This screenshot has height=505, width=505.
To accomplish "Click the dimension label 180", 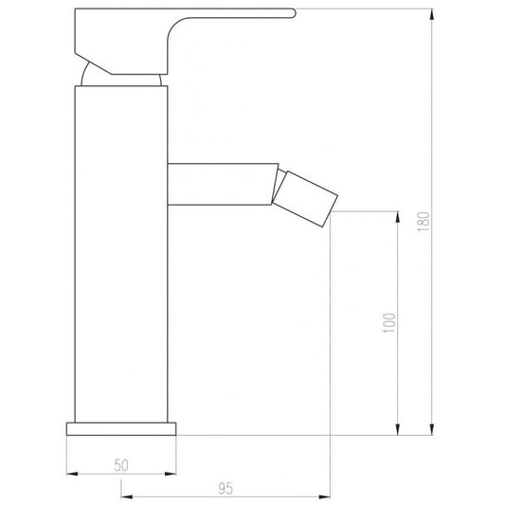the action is coord(424,222).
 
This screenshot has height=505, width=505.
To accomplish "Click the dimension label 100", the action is coord(389,323).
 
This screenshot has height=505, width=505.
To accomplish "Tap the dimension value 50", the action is coord(121,465).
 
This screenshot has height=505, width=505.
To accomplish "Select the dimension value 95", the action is coord(225,489).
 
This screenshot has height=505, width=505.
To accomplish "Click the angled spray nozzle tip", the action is coord(305,199).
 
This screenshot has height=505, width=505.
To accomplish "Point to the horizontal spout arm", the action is coord(223,184).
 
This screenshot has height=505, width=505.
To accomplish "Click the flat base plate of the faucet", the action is coord(121,428).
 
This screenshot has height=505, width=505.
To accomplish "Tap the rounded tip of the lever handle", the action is coord(293,13).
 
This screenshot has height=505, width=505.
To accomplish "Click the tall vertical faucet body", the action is coord(121,254).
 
